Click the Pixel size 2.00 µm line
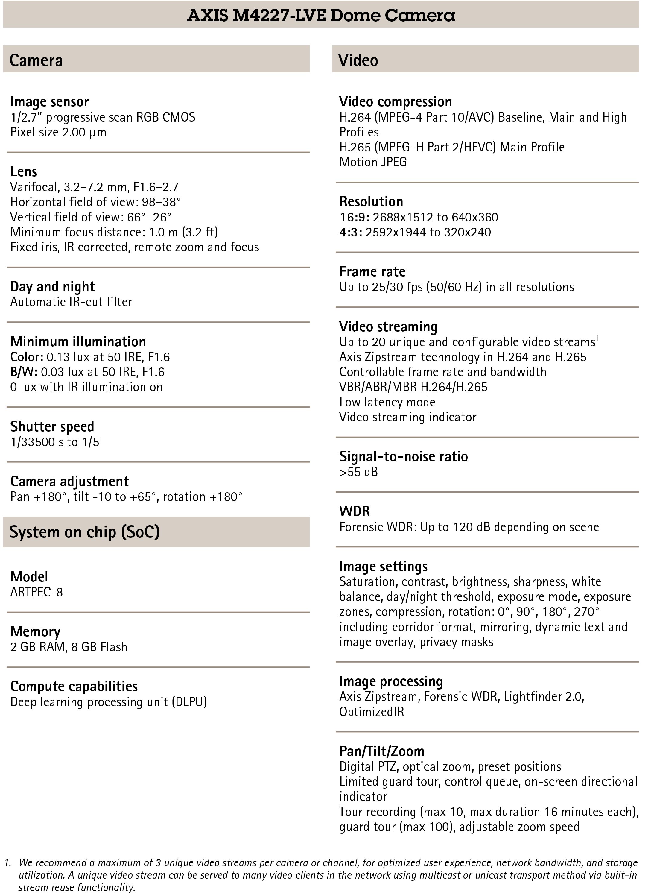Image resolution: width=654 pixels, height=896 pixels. [x=58, y=132]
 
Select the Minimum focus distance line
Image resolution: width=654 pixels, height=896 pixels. [x=114, y=232]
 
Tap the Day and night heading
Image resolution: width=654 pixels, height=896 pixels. [x=52, y=286]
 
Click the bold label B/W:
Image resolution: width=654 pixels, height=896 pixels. [x=24, y=372]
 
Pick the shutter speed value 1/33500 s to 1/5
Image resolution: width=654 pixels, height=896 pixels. [x=55, y=442]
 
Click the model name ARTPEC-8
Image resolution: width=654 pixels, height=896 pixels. [x=36, y=592]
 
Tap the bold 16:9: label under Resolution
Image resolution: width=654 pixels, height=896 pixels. [x=354, y=217]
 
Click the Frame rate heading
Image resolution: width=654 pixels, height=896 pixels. [x=372, y=272]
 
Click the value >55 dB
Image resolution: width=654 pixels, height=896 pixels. [x=358, y=472]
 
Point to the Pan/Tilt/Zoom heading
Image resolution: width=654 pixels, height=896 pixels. [x=382, y=751]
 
